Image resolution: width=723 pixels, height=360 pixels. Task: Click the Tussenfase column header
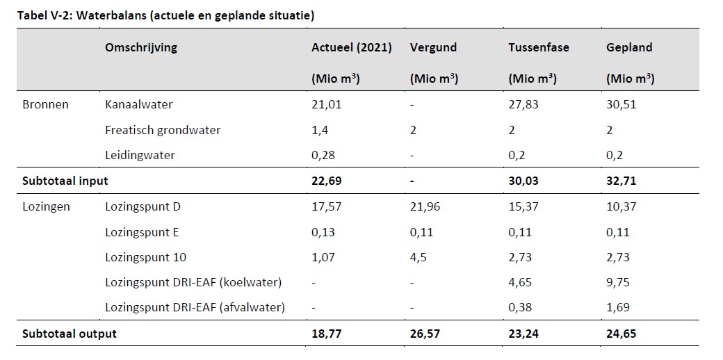point(539,47)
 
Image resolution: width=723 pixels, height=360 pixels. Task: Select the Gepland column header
point(629,48)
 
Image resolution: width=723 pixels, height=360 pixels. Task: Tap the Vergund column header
point(433,48)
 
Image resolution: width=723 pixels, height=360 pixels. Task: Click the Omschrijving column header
point(140,48)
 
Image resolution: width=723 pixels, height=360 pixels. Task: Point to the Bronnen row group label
point(45,105)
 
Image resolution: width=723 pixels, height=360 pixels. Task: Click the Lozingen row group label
point(46,207)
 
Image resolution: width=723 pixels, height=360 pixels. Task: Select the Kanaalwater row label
point(139,105)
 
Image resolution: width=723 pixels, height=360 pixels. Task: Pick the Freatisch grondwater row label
point(163,131)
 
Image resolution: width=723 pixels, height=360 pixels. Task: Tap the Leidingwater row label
point(140,156)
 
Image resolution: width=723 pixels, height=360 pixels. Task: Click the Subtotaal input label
point(65,181)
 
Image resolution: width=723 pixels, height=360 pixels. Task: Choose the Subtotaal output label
point(69,334)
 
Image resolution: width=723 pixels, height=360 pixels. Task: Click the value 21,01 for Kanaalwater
point(327,105)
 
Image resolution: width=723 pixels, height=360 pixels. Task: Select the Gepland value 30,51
point(621,105)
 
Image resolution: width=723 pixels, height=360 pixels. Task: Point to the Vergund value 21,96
point(425,207)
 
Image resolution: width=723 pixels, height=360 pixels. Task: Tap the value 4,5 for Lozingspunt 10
point(419,257)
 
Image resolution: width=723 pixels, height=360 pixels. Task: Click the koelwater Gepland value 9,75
point(618,283)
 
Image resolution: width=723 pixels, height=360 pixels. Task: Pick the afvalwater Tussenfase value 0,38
point(520,308)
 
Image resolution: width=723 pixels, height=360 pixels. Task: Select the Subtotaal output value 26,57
point(425,334)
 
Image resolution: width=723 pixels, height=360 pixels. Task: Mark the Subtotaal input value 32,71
point(622,181)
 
